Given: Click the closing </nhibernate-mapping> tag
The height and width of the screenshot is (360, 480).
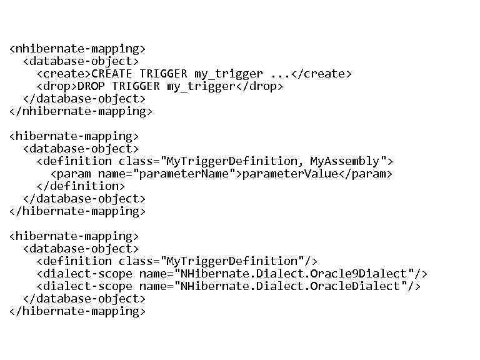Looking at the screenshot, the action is [x=81, y=111].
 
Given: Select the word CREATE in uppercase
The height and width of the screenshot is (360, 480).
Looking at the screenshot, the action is [x=112, y=74].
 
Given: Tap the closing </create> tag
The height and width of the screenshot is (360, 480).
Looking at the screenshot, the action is [x=322, y=74].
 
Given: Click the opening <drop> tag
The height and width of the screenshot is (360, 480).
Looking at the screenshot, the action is [x=57, y=86].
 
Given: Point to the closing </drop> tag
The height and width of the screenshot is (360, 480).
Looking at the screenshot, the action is [x=259, y=86].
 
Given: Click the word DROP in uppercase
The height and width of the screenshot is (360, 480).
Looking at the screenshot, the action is [x=91, y=86].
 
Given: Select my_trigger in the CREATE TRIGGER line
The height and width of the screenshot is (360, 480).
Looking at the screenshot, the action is [x=229, y=74].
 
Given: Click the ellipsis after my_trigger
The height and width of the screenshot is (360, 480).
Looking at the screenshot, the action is [x=281, y=74].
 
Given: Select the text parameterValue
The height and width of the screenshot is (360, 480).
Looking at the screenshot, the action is [x=290, y=174].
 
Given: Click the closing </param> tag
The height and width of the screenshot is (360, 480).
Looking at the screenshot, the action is [x=366, y=174].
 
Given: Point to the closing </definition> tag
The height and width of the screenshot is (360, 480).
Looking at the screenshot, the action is [x=81, y=186].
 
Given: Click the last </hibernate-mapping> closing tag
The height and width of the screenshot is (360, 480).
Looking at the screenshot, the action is [x=77, y=311].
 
